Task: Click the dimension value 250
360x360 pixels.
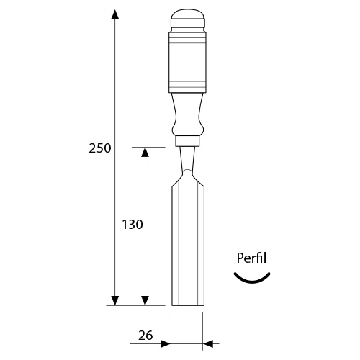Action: point(100,148)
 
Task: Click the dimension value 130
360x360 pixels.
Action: point(132,225)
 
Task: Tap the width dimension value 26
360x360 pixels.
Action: point(145,336)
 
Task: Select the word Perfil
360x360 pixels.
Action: point(251,258)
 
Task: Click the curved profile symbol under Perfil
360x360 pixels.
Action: point(252,282)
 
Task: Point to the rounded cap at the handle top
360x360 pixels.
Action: point(188,19)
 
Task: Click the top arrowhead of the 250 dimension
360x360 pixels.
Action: point(115,14)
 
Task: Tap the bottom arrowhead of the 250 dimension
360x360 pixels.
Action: point(115,300)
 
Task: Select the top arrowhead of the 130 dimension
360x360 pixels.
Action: point(145,152)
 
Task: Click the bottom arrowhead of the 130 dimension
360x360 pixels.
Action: point(145,300)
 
